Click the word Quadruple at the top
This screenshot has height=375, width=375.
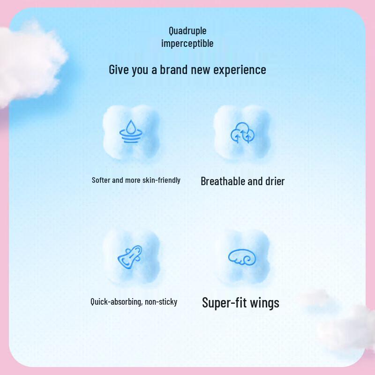(x=187, y=31)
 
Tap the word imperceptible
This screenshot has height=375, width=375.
(x=187, y=44)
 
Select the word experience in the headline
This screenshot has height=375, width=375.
(x=240, y=70)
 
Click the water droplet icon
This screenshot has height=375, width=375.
(x=130, y=131)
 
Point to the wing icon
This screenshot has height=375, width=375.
(x=242, y=256)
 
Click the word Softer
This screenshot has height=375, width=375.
(x=102, y=180)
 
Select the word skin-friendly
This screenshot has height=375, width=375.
(x=161, y=180)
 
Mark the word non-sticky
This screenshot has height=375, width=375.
(x=161, y=302)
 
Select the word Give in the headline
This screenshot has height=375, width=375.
(x=118, y=70)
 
